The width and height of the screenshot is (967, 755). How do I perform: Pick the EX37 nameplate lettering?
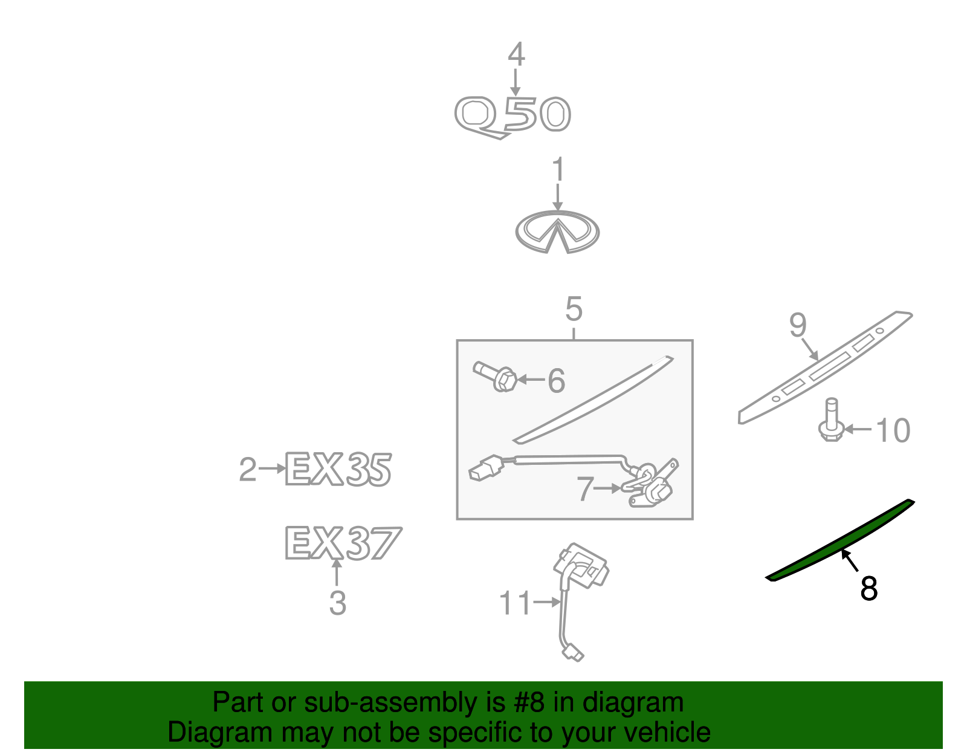[x=343, y=543]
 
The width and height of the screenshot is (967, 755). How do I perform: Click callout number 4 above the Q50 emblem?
[x=516, y=54]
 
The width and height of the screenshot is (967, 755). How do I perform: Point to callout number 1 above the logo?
[x=558, y=169]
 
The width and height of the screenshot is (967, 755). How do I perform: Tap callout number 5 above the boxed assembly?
[x=574, y=309]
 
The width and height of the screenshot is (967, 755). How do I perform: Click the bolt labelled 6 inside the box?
[x=495, y=377]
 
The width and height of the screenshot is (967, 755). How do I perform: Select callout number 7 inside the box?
[x=585, y=488]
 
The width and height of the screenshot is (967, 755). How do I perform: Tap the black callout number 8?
[x=868, y=588]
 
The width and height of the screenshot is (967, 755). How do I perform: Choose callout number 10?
[x=893, y=430]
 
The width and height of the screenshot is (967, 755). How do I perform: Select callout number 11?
[x=515, y=603]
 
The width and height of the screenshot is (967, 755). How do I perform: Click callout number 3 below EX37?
[x=337, y=603]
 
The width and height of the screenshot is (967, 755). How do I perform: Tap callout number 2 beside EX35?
[x=248, y=469]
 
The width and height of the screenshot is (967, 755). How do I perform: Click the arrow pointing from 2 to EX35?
[x=271, y=468]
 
